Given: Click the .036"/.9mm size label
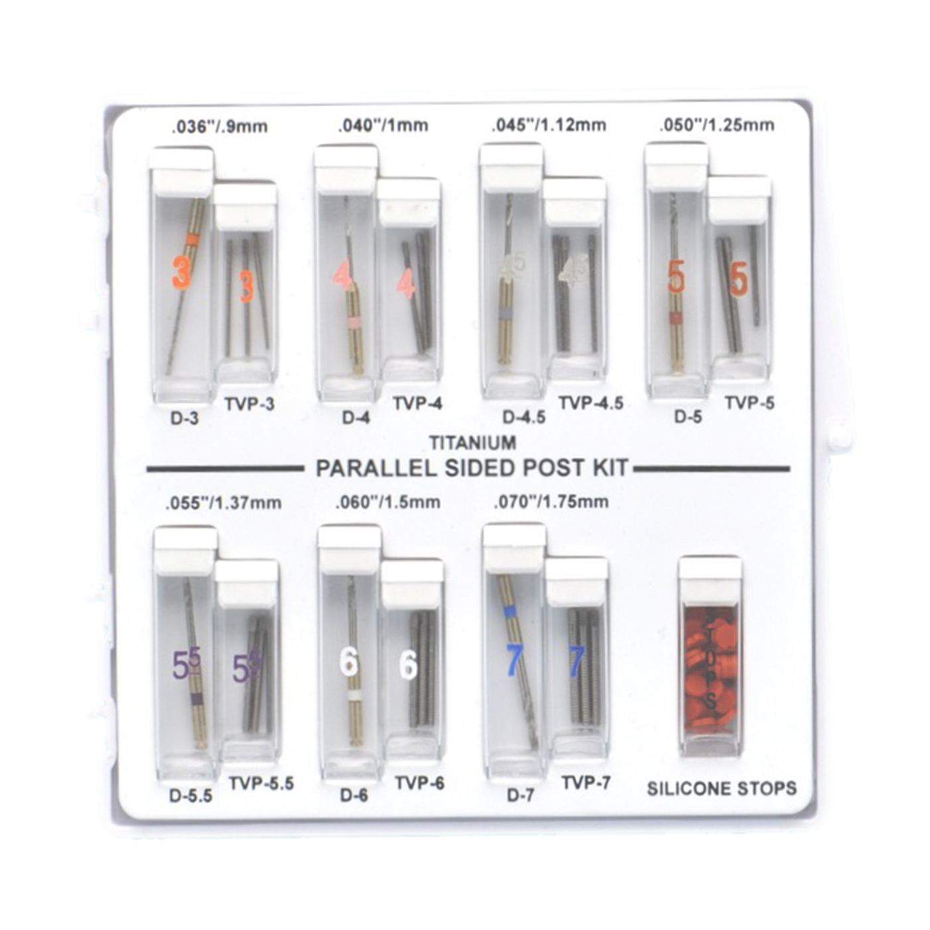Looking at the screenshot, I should [219, 126].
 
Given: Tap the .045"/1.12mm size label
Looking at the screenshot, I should [549, 125].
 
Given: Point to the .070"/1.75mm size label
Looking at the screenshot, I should [551, 502].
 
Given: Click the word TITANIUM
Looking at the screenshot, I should [472, 442].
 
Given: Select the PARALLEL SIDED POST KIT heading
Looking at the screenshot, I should [472, 468].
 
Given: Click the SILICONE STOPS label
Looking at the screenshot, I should [721, 789].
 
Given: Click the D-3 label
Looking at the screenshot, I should [185, 418].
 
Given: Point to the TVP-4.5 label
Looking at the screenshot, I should [591, 403].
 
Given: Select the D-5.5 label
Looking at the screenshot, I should [191, 795].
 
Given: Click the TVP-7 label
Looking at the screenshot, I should [585, 783].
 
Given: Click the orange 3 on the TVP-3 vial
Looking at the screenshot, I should [247, 286].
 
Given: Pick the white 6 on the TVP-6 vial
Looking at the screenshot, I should [408, 664].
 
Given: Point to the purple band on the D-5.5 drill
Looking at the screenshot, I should [196, 699].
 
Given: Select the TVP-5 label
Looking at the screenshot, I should [749, 403].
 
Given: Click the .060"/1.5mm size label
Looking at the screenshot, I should [388, 502].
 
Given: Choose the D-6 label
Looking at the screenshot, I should [354, 795].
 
